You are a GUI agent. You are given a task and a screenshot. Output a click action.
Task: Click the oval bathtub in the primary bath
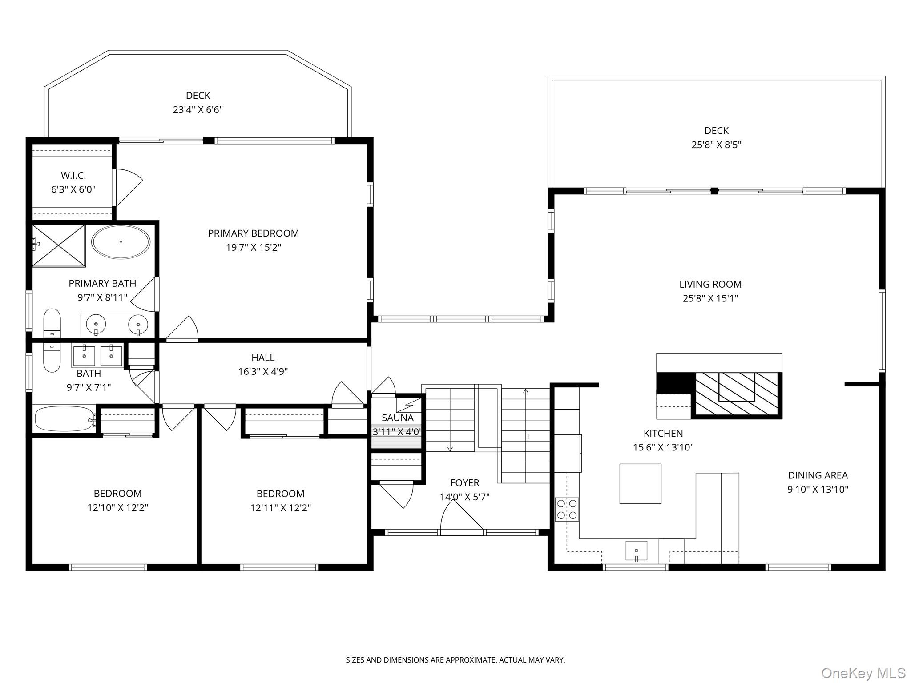coord(121,242)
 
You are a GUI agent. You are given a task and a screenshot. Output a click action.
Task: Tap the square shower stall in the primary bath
coord(59,245)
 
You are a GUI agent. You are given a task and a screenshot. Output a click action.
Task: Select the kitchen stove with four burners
coord(567,509)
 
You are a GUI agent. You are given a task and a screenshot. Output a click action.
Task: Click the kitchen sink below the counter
coord(636,550)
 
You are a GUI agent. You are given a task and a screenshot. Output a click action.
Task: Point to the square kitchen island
coord(640,483)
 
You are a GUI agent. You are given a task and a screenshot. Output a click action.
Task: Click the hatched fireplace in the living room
coord(737,394)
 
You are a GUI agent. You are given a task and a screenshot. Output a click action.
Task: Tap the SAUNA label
coord(397,418)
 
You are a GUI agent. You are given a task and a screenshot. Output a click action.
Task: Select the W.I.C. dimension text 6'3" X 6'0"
coord(73,189)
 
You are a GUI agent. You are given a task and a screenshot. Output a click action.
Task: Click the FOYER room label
coord(464,482)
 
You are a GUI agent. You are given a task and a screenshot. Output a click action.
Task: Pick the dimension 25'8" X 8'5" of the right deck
coord(716,145)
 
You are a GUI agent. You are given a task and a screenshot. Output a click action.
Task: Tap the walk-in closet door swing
coord(128,187)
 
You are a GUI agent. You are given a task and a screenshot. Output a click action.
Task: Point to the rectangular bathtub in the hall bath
coord(64,418)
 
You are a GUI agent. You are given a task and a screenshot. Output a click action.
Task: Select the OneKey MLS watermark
coord(863,673)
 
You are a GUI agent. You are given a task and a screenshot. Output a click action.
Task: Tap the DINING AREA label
coord(818,475)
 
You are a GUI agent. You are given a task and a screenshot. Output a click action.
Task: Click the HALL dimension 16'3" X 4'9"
coord(263,371)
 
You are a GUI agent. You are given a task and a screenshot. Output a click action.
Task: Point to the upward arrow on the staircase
coord(526,391)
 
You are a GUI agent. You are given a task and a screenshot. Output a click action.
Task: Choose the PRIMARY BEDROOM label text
coord(253,233)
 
